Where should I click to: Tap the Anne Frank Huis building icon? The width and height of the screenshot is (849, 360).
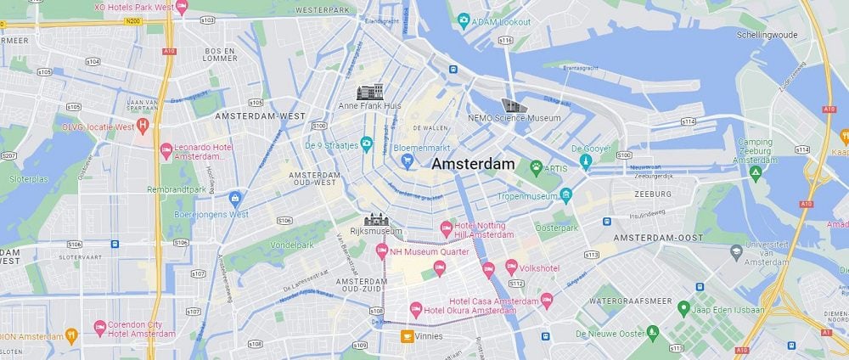click(370, 92)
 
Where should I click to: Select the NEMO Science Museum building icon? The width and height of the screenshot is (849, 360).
click(513, 105)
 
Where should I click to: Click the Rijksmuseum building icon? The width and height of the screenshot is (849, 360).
click(375, 219)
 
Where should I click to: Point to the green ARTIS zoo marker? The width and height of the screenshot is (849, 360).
click(536, 167)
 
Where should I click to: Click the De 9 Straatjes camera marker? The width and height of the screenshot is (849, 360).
click(367, 143)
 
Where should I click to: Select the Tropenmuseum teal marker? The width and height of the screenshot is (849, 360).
click(566, 195)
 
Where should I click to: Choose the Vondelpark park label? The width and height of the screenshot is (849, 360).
click(293, 245)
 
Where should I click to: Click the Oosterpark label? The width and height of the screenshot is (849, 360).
click(557, 228)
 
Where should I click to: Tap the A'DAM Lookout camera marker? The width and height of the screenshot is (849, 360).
click(464, 19)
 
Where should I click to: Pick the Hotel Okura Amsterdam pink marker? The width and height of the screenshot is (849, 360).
click(415, 309)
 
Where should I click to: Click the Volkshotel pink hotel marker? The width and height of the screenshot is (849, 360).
click(511, 267)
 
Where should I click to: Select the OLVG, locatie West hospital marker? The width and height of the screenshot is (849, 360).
click(143, 127)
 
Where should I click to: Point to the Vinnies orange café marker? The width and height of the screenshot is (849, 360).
click(408, 336)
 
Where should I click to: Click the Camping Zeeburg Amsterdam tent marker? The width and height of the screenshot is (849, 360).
click(756, 173)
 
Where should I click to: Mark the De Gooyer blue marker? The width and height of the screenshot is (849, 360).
click(585, 161)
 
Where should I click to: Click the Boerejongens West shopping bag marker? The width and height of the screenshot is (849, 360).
click(236, 198)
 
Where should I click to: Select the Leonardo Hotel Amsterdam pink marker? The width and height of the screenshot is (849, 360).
click(166, 150)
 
